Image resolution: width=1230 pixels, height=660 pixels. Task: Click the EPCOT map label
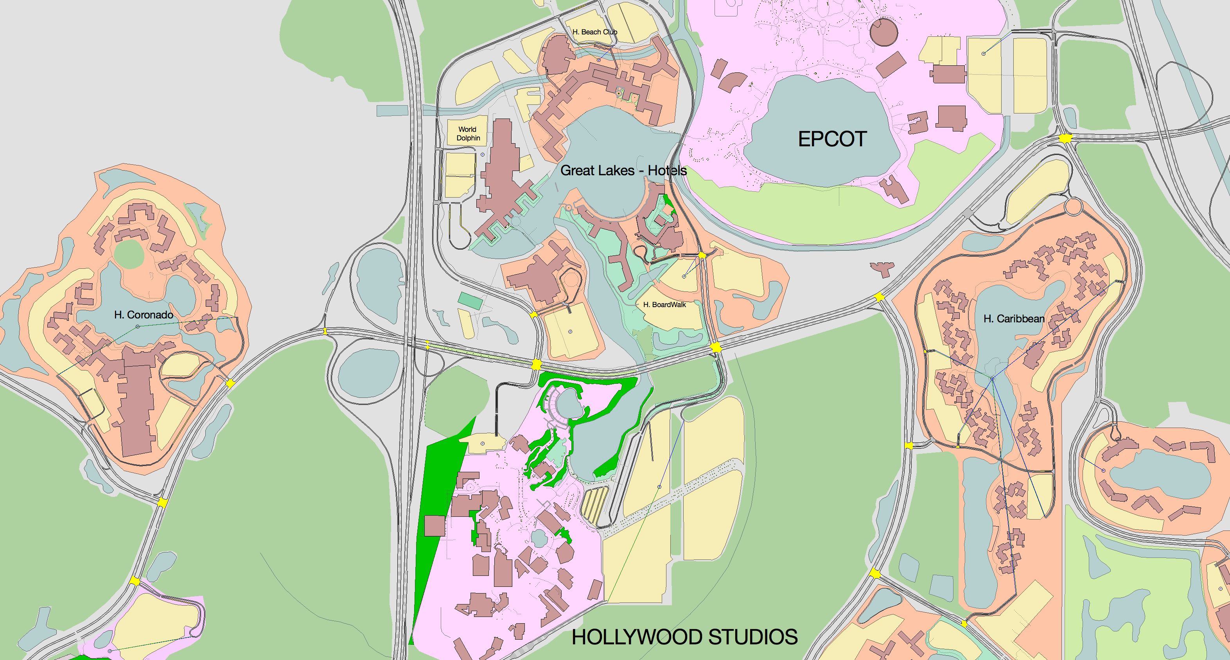pyautogui.click(x=832, y=139)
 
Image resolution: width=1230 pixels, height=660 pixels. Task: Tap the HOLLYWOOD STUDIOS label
pyautogui.click(x=684, y=637)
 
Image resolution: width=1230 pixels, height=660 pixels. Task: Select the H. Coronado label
pyautogui.click(x=143, y=315)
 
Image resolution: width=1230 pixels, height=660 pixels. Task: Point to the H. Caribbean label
pyautogui.click(x=1014, y=318)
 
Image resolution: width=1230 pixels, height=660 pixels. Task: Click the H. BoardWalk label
pyautogui.click(x=664, y=305)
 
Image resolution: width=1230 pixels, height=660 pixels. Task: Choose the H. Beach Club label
pyautogui.click(x=594, y=32)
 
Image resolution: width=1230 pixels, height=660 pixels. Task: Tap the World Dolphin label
pyautogui.click(x=467, y=134)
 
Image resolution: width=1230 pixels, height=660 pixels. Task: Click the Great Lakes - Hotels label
pyautogui.click(x=623, y=171)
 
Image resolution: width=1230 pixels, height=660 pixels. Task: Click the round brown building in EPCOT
pyautogui.click(x=883, y=32)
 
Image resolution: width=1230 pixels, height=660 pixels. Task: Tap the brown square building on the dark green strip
pyautogui.click(x=435, y=525)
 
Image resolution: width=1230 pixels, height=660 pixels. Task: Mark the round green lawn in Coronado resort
pyautogui.click(x=129, y=254)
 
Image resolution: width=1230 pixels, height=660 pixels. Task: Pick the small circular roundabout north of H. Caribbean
pyautogui.click(x=1074, y=207)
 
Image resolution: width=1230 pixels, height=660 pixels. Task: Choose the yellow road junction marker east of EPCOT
pyautogui.click(x=1065, y=138)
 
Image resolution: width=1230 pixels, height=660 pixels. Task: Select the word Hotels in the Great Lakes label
pyautogui.click(x=667, y=171)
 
